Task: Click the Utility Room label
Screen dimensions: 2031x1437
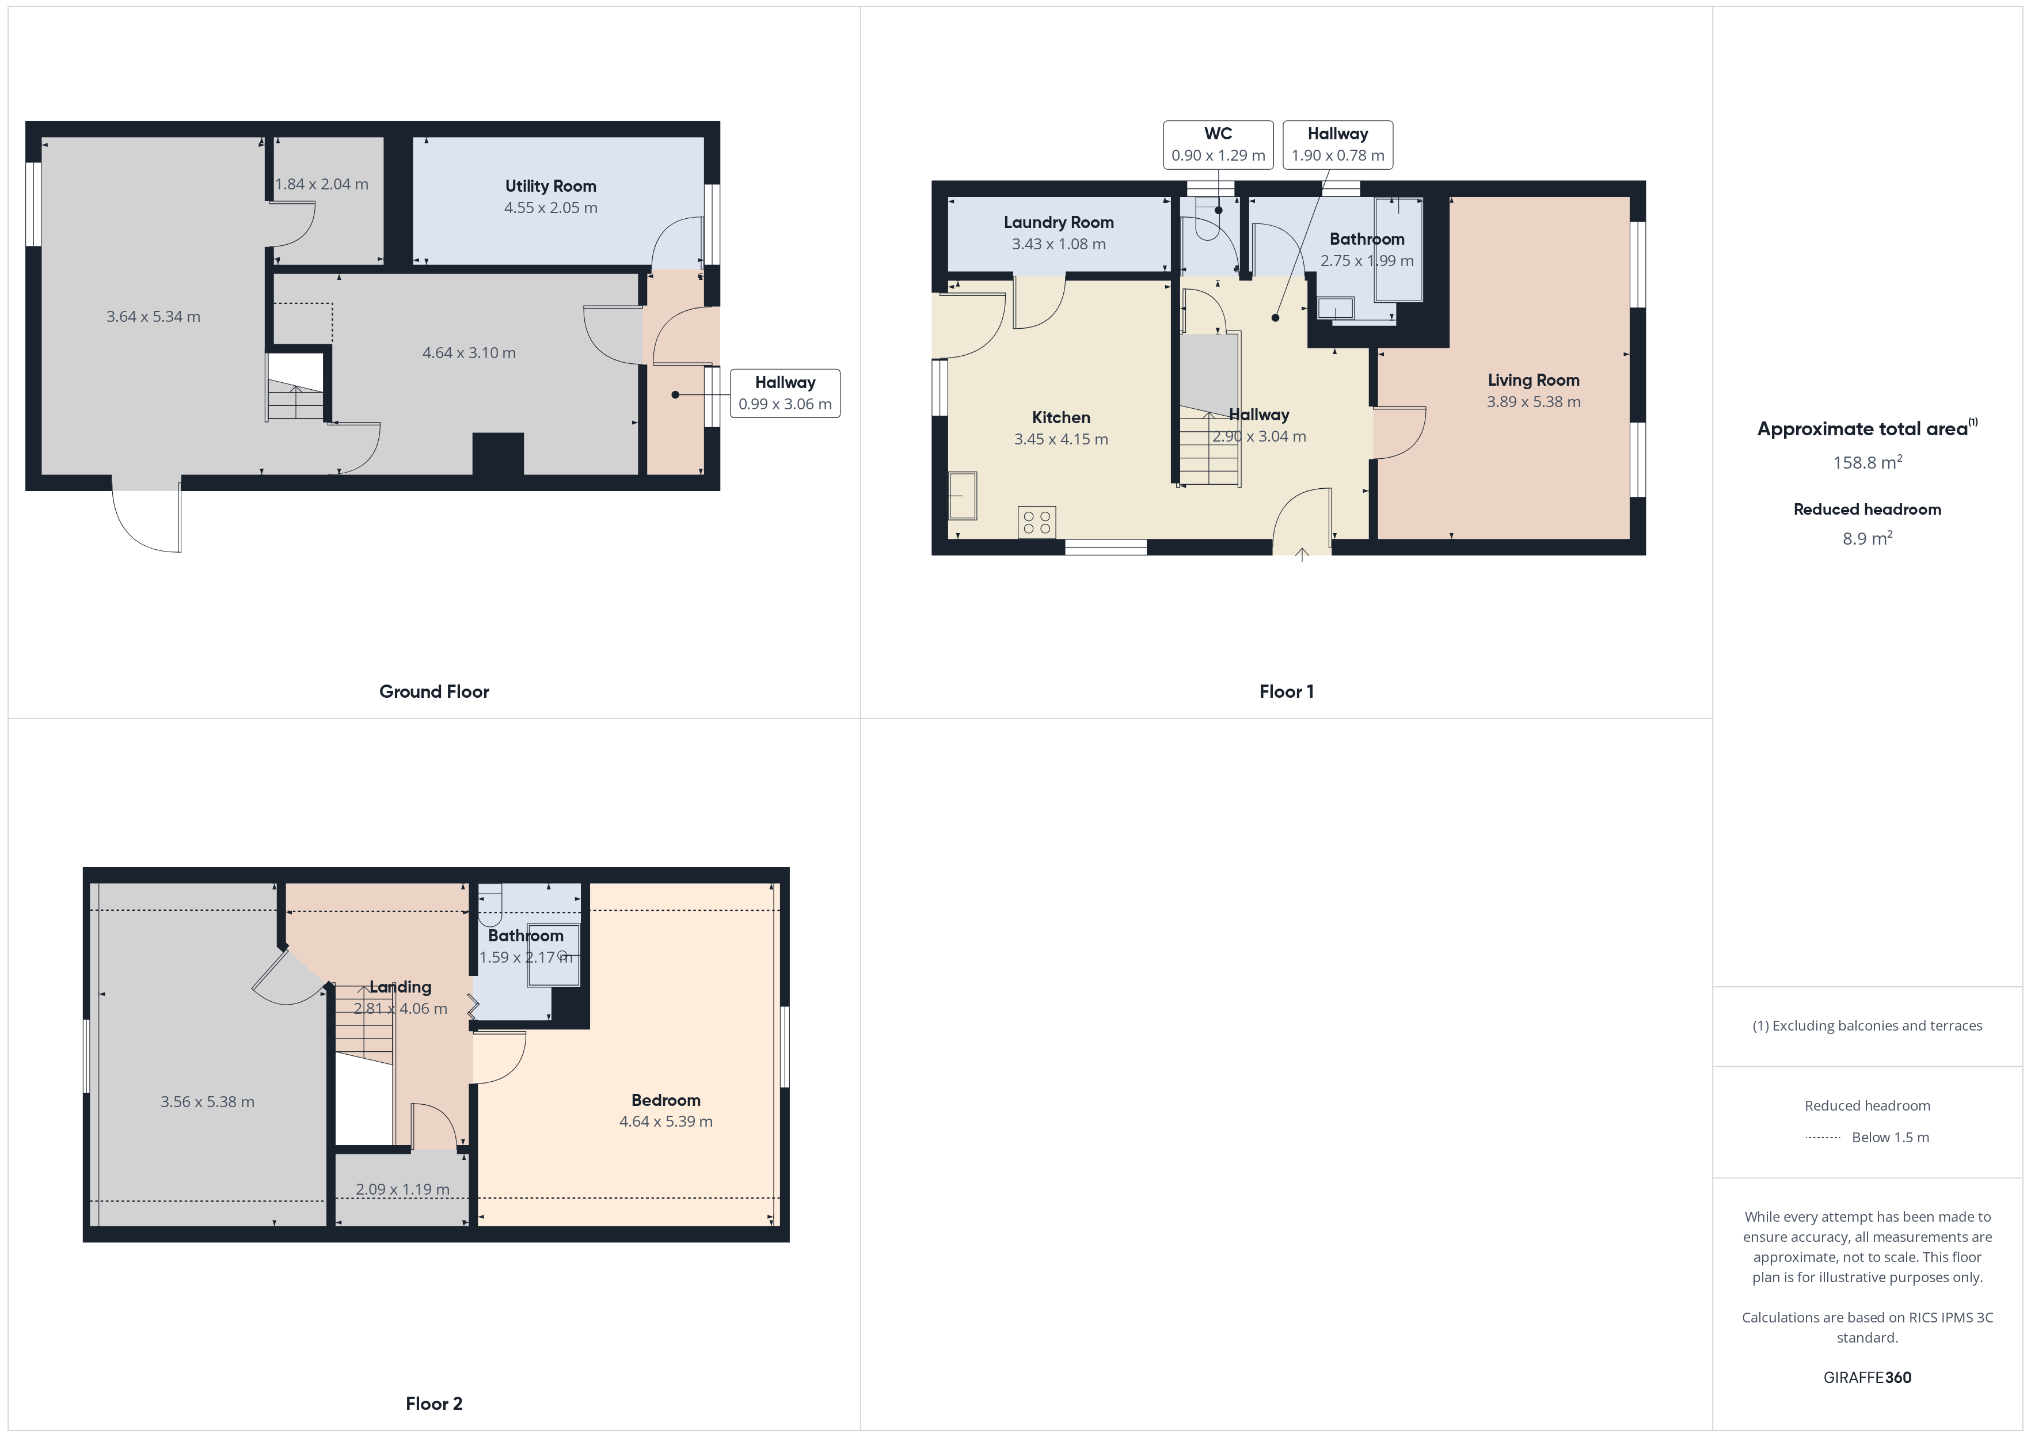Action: (x=550, y=186)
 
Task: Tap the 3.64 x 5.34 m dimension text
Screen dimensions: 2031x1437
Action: (x=153, y=317)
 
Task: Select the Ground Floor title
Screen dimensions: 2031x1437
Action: (x=433, y=691)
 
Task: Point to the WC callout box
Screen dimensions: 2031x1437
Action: (x=1218, y=145)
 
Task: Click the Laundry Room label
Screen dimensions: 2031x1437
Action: (x=1058, y=222)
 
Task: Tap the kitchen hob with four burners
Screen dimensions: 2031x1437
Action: (x=1037, y=522)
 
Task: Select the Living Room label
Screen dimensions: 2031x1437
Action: (x=1533, y=379)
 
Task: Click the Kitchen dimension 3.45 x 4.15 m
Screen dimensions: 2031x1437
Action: (x=1060, y=439)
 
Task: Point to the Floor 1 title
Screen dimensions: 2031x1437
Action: (x=1286, y=691)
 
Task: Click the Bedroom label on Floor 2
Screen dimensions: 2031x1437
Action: (x=665, y=1100)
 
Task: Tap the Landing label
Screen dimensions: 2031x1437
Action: (x=400, y=987)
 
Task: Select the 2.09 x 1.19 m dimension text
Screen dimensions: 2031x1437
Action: (x=402, y=1189)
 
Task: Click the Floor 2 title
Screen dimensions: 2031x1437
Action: (x=433, y=1404)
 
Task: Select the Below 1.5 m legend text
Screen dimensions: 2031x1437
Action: (x=1891, y=1137)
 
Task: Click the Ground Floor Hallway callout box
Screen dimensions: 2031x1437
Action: (x=785, y=393)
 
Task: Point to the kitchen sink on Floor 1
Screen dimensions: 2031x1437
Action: (x=963, y=496)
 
